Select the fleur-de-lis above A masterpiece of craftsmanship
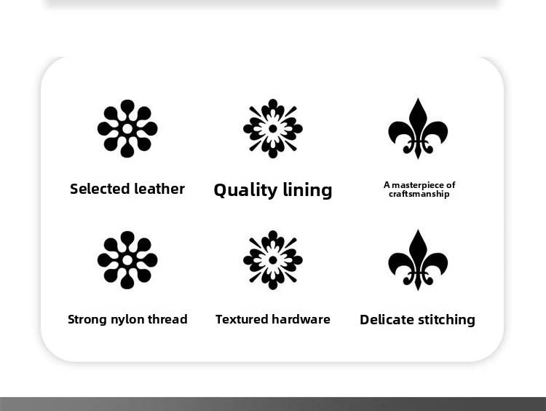[x=418, y=129]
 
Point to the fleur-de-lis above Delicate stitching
[x=418, y=260]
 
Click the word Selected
[x=100, y=189]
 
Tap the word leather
[x=159, y=189]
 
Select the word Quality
[x=245, y=190]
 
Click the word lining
[x=307, y=190]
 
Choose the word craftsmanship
[x=419, y=194]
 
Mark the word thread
[x=167, y=319]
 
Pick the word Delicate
[x=387, y=320]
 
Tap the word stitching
[x=446, y=320]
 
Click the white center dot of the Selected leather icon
[x=127, y=129]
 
